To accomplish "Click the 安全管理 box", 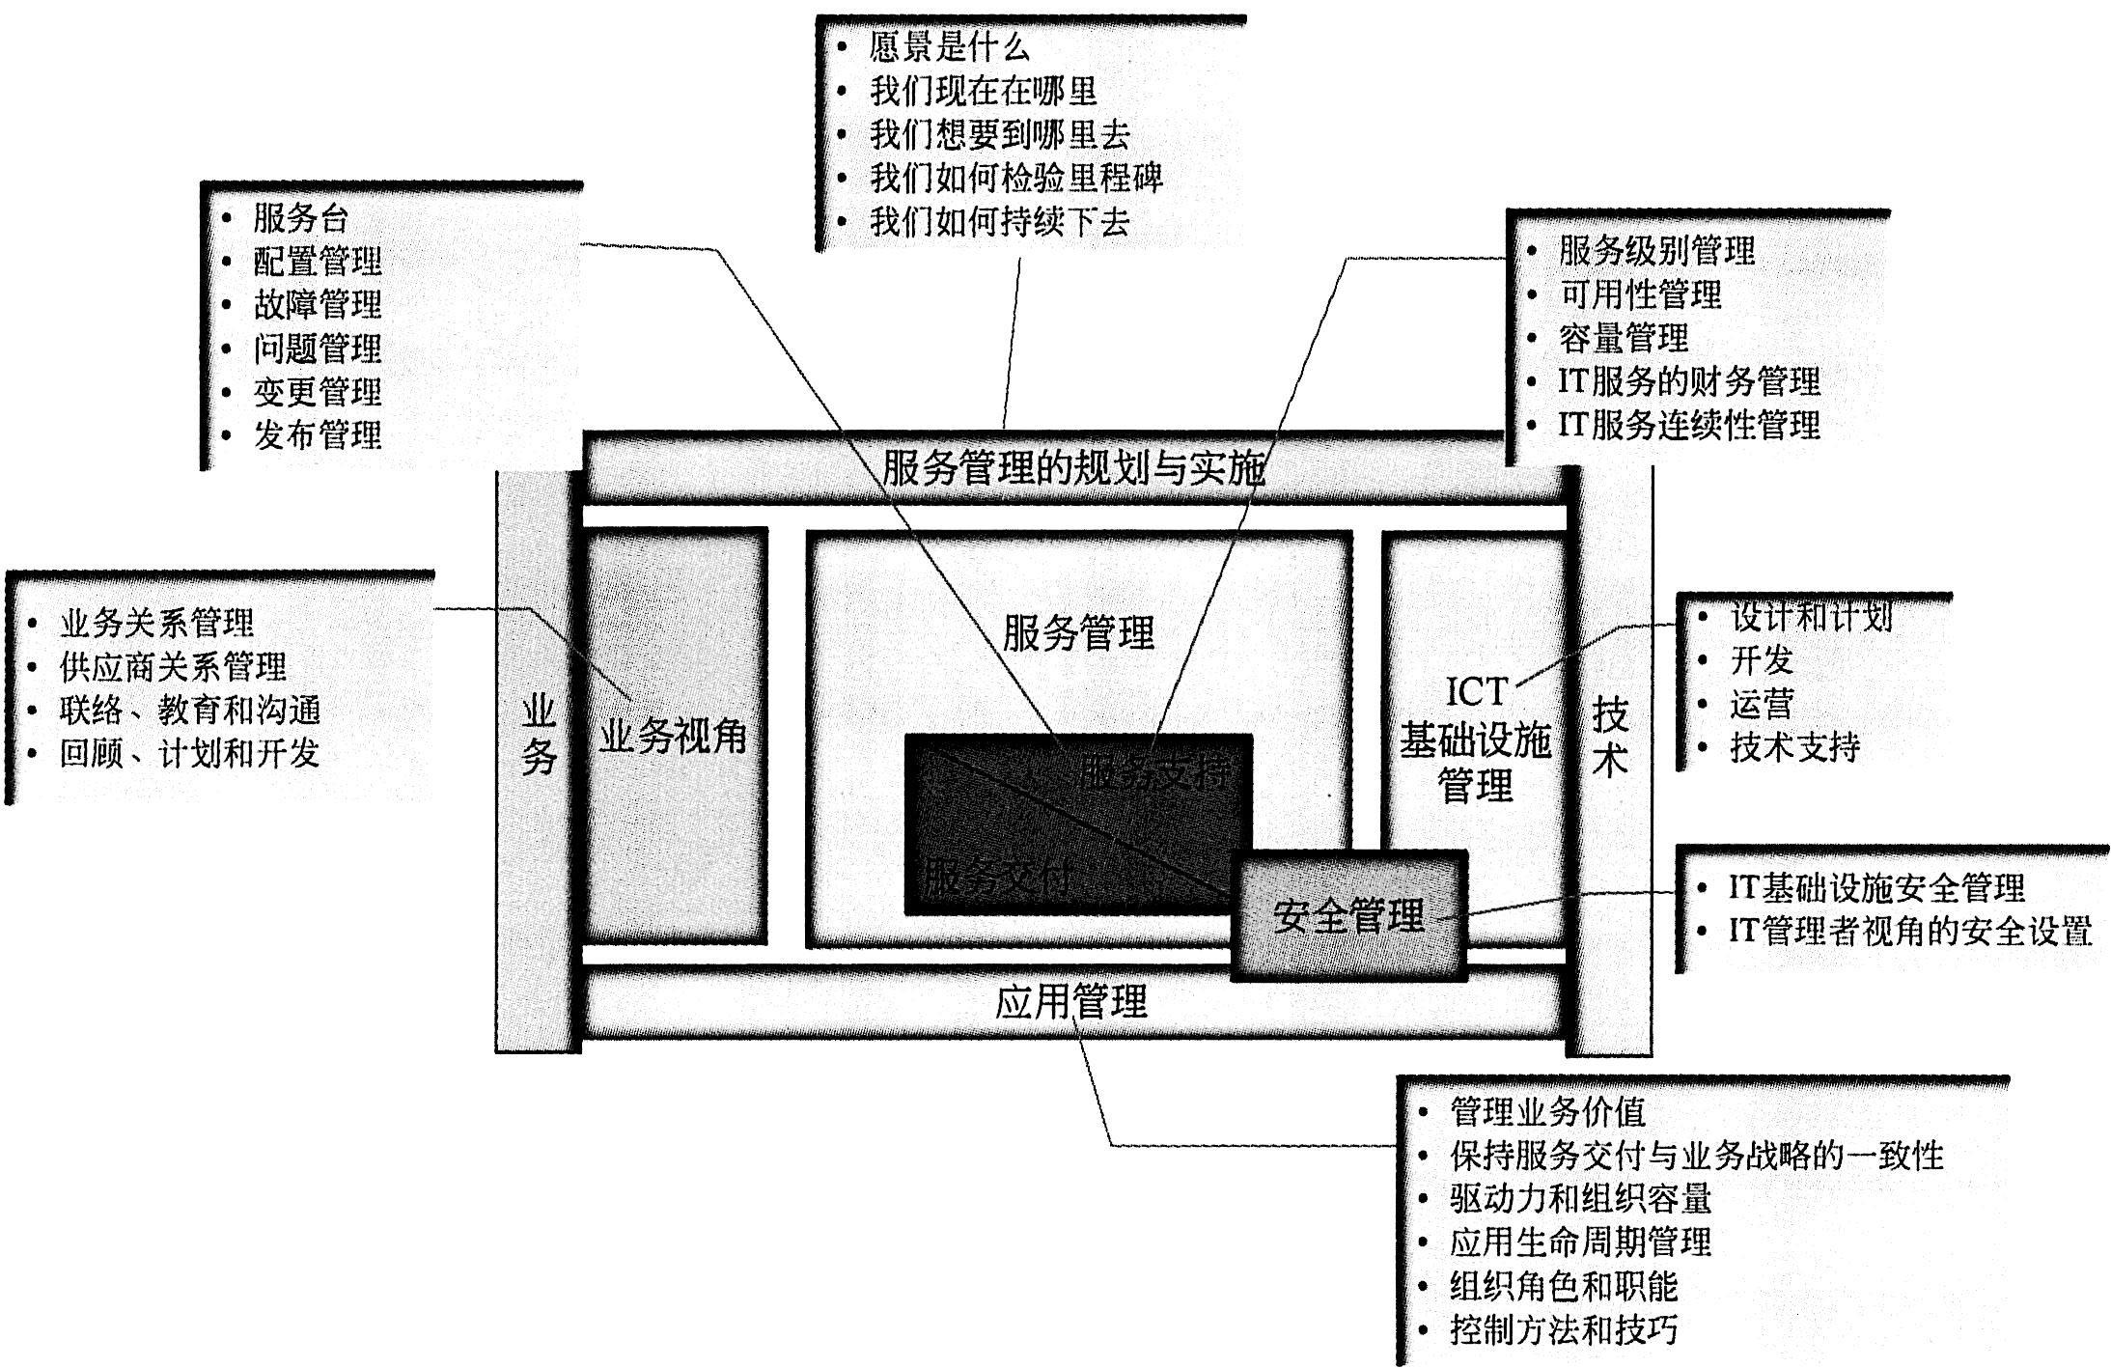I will click(1348, 915).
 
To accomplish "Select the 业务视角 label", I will click(673, 737).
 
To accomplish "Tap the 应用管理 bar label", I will click(1070, 1001).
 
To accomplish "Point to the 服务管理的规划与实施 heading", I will click(1072, 468).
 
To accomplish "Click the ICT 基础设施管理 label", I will click(1475, 739).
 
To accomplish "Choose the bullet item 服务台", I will click(300, 218).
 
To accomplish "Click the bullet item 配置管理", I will click(318, 261).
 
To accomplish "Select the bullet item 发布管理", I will click(318, 435).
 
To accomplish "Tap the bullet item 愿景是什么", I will click(949, 47).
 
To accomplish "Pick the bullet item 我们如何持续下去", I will click(999, 222).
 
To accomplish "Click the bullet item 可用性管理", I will click(1640, 294).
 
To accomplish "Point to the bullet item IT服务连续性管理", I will click(1688, 425).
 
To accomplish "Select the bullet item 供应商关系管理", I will click(173, 666).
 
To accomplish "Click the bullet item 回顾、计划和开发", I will click(189, 753).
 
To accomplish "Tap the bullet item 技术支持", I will click(1794, 746).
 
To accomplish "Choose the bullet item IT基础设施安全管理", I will click(1875, 887).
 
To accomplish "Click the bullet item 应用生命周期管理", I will click(1580, 1242).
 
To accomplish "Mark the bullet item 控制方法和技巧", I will click(1563, 1329).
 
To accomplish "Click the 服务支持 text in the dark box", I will click(1154, 771).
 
